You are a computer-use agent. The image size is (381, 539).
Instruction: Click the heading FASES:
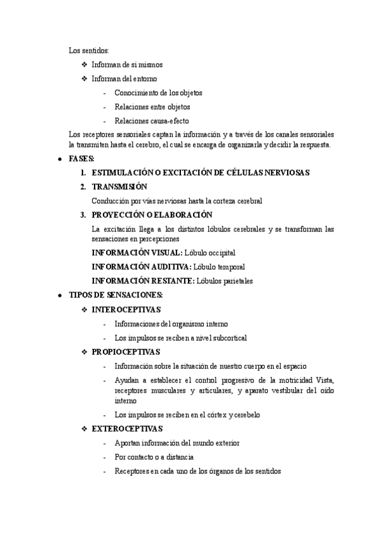(81, 158)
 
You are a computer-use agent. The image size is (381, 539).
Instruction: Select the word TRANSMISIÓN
(119, 187)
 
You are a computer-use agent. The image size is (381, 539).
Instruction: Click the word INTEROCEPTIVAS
(126, 310)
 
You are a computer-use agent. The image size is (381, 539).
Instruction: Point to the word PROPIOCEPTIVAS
(126, 351)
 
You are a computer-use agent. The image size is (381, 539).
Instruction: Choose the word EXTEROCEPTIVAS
(127, 429)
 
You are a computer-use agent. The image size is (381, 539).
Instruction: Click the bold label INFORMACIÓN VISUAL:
(137, 253)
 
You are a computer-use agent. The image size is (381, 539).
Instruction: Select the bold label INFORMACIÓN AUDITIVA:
(141, 267)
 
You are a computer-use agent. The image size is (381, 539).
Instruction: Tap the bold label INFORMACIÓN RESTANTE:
(143, 281)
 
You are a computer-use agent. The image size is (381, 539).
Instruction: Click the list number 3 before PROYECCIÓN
(83, 215)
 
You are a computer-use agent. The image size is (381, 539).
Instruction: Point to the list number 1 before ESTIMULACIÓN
(83, 173)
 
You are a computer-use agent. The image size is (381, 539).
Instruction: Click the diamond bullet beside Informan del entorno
(85, 79)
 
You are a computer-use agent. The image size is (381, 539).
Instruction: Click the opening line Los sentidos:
(89, 50)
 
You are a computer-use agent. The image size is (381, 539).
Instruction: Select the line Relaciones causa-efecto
(152, 121)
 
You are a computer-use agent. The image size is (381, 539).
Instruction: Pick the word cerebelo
(243, 415)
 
